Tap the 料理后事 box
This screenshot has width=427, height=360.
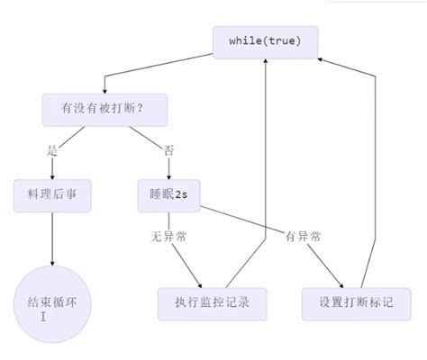point(52,195)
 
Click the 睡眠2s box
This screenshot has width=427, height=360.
point(168,195)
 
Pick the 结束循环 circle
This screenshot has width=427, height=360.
point(52,301)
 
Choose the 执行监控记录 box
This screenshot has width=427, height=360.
point(213,303)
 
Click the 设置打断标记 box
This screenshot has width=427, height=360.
point(356,303)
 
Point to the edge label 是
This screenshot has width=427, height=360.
point(52,149)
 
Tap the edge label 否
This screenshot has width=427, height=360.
point(168,149)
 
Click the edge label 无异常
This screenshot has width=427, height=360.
point(168,237)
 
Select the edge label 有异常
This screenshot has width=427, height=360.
point(302,237)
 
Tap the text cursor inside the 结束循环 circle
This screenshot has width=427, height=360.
point(42,316)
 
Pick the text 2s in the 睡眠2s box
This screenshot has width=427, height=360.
point(183,195)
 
